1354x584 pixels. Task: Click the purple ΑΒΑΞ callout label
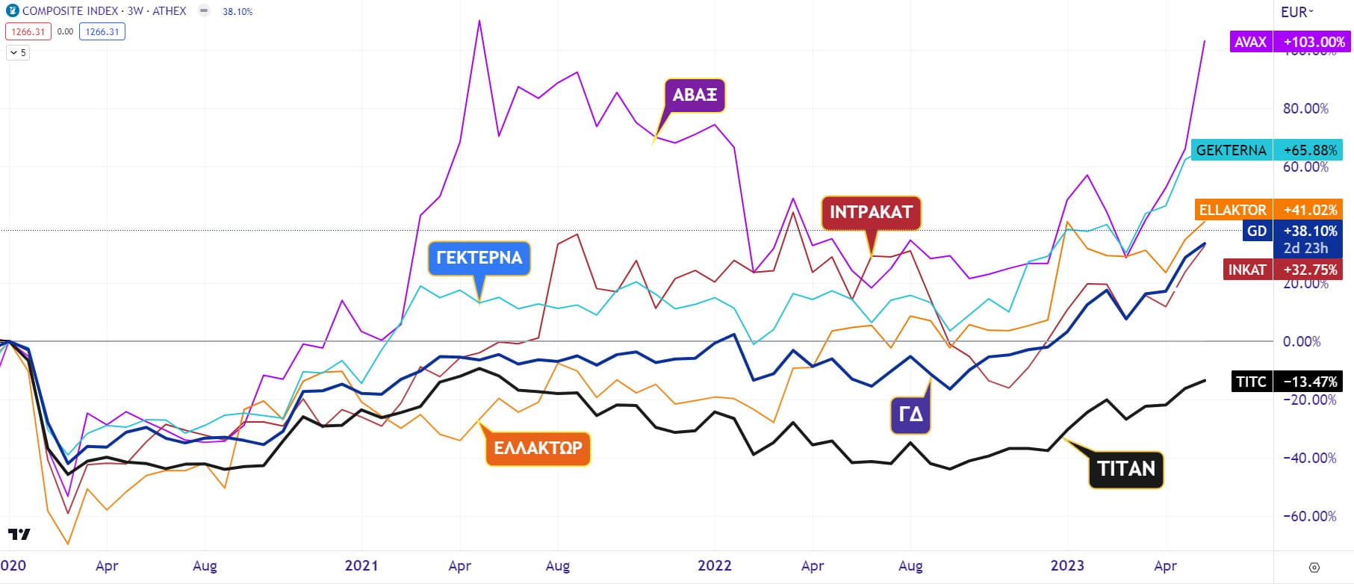pyautogui.click(x=695, y=95)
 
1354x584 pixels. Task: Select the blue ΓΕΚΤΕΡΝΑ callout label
pyautogui.click(x=479, y=258)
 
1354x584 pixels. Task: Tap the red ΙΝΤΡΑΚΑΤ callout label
pyautogui.click(x=871, y=212)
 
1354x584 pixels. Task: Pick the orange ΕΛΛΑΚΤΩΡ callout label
pyautogui.click(x=538, y=449)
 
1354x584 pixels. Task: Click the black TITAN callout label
pyautogui.click(x=1125, y=469)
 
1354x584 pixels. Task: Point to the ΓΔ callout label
pyautogui.click(x=910, y=414)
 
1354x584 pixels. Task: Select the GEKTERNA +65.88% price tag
pyautogui.click(x=1267, y=150)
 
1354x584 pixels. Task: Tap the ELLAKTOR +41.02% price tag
pyautogui.click(x=1268, y=210)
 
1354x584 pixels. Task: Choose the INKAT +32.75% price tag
pyautogui.click(x=1282, y=270)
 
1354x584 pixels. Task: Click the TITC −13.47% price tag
pyautogui.click(x=1285, y=382)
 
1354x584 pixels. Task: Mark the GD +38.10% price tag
pyautogui.click(x=1293, y=231)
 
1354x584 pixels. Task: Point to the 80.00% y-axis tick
pyautogui.click(x=1305, y=109)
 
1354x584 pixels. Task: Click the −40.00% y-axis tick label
pyautogui.click(x=1309, y=458)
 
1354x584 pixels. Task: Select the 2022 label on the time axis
pyautogui.click(x=714, y=565)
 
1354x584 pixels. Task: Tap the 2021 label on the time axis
pyautogui.click(x=361, y=565)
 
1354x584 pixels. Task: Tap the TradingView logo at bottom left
pyautogui.click(x=19, y=534)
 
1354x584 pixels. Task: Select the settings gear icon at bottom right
pyautogui.click(x=1314, y=567)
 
